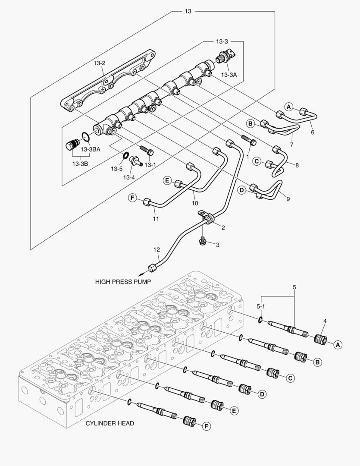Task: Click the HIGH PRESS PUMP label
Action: point(123,281)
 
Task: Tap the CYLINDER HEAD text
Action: point(110,423)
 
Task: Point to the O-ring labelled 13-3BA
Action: point(86,136)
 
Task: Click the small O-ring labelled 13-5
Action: point(125,155)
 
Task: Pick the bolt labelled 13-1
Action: point(147,150)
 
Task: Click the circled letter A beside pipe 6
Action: point(288,107)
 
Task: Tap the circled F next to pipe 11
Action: point(132,198)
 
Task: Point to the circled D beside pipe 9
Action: point(242,190)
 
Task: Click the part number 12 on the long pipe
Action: point(157,250)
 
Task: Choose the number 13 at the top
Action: point(188,11)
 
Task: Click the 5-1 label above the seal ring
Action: point(260,306)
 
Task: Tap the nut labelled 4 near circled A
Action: point(321,338)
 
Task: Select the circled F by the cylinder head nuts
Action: point(206,426)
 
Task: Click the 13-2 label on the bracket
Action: point(100,63)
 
